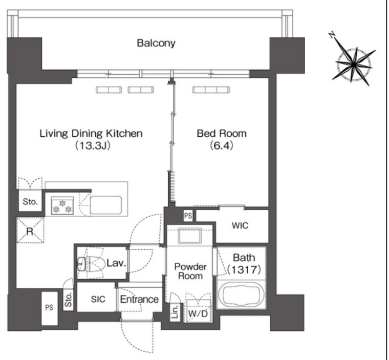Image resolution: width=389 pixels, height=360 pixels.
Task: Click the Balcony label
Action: pos(156,43)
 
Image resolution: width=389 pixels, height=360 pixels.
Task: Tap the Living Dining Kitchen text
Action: pos(91,134)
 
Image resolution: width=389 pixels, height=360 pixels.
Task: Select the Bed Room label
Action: pos(222,134)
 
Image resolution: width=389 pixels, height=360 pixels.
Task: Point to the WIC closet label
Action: pos(240,226)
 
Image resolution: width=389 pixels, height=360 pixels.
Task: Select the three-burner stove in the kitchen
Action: pos(62,205)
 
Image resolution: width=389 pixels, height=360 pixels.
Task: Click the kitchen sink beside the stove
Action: pos(106,205)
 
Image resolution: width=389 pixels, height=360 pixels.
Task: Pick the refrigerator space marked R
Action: pos(30,230)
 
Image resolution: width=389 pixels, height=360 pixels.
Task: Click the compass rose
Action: pos(354,65)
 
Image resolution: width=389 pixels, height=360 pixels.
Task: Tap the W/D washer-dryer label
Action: pos(198,314)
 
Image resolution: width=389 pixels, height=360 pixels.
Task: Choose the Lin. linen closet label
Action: pos(175,312)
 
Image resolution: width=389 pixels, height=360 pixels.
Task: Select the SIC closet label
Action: pos(98,299)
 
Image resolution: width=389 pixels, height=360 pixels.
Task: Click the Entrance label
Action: pos(139,299)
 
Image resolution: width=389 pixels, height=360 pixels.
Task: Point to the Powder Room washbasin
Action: pos(190,236)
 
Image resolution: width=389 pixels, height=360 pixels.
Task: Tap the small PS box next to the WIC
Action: pos(188,216)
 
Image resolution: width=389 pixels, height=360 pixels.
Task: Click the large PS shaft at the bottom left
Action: pos(49,308)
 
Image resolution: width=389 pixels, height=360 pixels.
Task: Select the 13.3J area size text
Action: pos(93,145)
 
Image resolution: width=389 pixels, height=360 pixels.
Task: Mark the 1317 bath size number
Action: pos(244,269)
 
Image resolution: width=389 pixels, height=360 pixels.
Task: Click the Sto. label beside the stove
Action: pos(30,202)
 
